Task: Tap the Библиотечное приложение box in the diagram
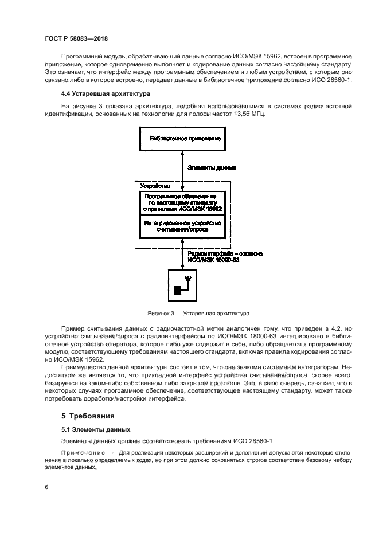[x=182, y=139]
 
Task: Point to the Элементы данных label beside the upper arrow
[x=212, y=167]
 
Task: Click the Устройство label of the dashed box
[x=155, y=186]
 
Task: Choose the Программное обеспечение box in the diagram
[x=182, y=202]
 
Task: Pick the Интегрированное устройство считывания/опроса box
[x=182, y=225]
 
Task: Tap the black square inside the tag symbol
[x=178, y=290]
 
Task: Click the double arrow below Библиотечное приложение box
[x=182, y=167]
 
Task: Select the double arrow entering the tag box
[x=182, y=256]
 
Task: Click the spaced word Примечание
[x=82, y=452]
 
